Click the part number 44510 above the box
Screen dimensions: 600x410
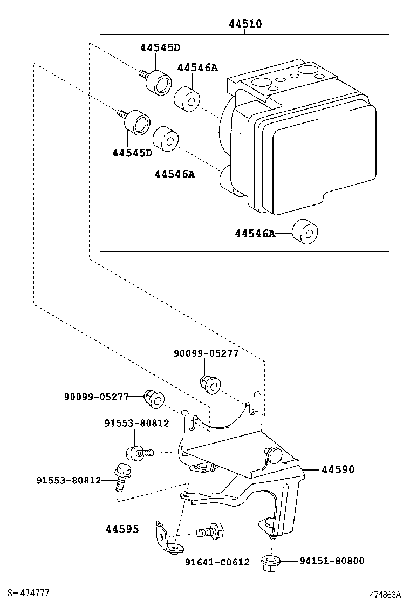[244, 24]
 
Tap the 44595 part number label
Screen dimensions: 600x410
[122, 529]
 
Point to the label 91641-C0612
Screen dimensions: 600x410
[217, 562]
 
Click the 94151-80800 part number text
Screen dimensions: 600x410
[332, 561]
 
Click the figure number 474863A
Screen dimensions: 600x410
[385, 594]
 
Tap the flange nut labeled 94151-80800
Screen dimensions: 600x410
[269, 562]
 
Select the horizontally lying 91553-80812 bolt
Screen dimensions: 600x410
[139, 452]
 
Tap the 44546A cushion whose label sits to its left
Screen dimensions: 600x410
[305, 233]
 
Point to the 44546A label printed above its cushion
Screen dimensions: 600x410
[197, 67]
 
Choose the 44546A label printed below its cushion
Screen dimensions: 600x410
[174, 174]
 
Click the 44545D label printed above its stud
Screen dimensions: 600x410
[160, 47]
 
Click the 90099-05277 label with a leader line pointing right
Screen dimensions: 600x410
[96, 397]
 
